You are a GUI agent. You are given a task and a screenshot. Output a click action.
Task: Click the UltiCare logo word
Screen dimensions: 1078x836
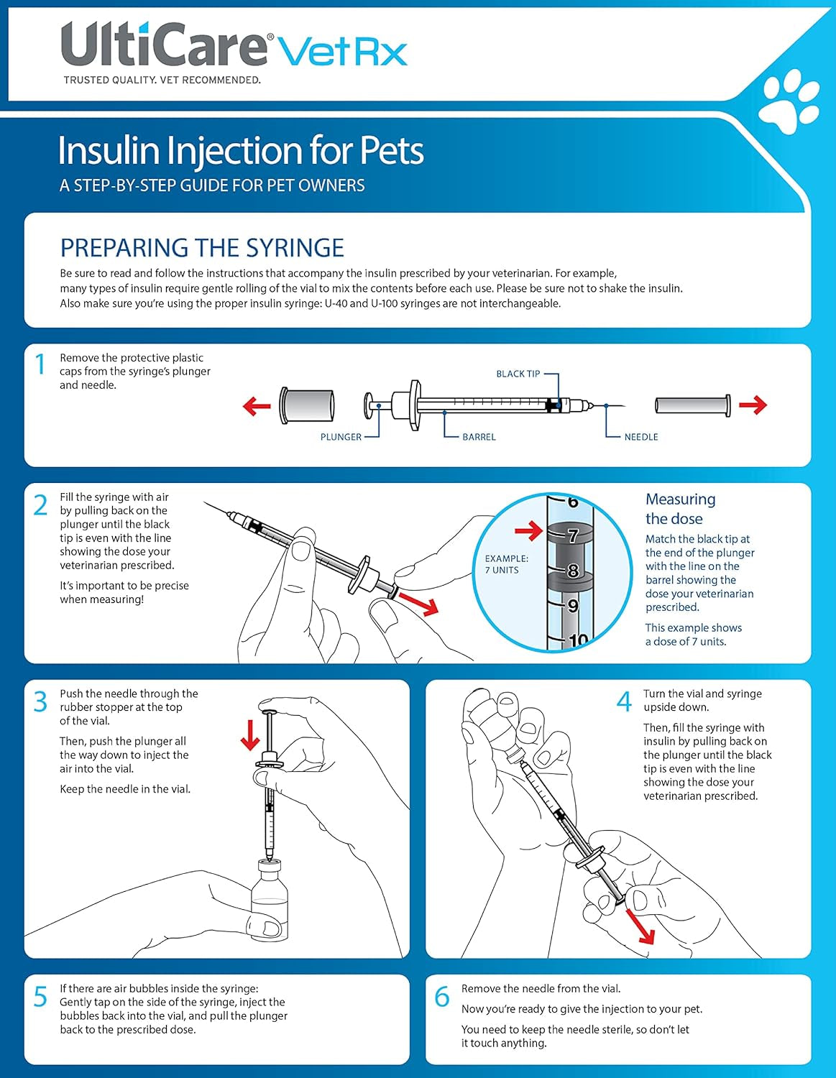(164, 45)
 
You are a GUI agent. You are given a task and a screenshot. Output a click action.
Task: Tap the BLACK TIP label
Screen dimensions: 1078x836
(518, 374)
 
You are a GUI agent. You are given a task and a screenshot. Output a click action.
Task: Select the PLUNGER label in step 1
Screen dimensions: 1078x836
(341, 437)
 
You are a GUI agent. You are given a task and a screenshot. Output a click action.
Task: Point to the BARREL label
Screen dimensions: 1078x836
(479, 437)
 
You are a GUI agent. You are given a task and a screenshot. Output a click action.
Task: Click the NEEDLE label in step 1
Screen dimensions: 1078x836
(640, 437)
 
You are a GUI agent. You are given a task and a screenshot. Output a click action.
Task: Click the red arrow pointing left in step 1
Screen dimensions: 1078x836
(257, 406)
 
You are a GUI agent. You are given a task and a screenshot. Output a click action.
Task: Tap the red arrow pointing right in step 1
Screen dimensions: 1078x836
(753, 405)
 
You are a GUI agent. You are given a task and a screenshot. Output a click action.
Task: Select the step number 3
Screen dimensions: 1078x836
(41, 702)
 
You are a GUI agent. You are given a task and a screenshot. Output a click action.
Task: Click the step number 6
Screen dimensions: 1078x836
(442, 997)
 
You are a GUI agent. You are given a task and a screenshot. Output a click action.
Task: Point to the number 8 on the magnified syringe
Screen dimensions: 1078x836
(573, 571)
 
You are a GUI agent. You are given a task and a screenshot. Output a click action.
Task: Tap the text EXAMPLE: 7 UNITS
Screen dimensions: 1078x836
(506, 564)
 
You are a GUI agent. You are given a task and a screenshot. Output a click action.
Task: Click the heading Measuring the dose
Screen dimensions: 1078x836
(679, 509)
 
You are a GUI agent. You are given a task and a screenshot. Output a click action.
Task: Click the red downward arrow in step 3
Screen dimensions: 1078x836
(250, 735)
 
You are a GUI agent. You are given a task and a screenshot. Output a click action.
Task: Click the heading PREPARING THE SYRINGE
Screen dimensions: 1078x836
(202, 248)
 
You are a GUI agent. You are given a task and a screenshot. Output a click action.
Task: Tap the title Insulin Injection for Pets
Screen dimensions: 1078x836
(241, 151)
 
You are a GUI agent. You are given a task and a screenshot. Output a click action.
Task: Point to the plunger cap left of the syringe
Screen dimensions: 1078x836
(308, 406)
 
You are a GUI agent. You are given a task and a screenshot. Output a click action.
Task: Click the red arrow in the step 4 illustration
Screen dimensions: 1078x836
(640, 926)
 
